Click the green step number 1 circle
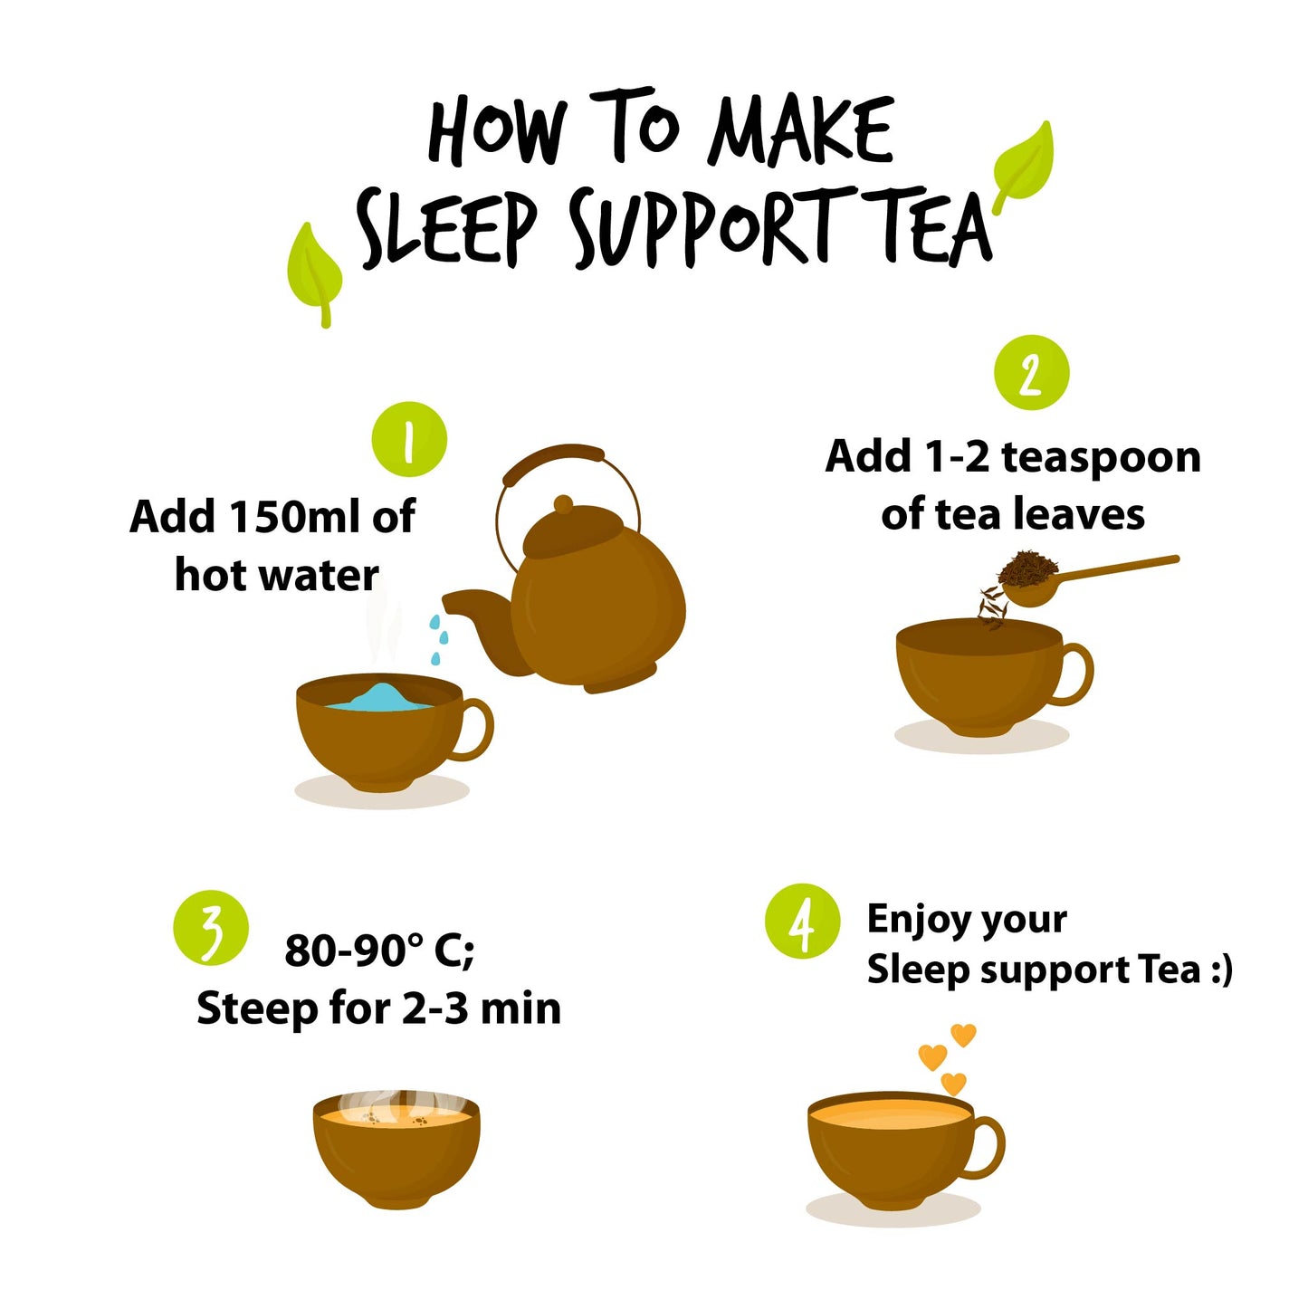pos(409,440)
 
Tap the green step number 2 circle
pos(1031,373)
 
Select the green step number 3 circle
pos(211,929)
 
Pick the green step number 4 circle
pos(802,922)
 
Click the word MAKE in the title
pos(801,131)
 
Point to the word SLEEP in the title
pos(447,229)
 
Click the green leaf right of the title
pos(1024,165)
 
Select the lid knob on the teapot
pos(563,504)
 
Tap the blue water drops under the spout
pos(437,639)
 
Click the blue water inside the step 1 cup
pos(377,697)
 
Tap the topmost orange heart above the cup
pos(963,1034)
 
